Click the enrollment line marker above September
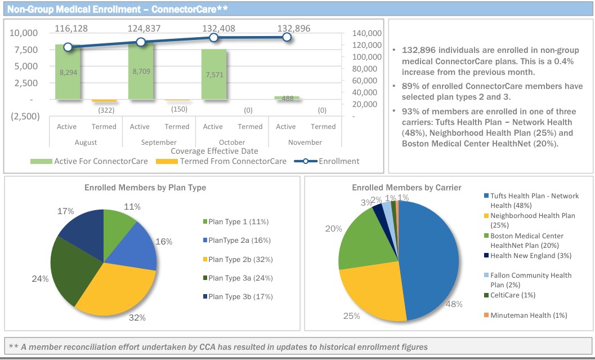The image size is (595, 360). click(x=141, y=42)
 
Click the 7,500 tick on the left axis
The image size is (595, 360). click(x=24, y=50)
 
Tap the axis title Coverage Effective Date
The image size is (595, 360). click(x=214, y=151)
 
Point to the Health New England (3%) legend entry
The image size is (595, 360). click(x=523, y=256)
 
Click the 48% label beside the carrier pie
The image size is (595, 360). click(x=454, y=304)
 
